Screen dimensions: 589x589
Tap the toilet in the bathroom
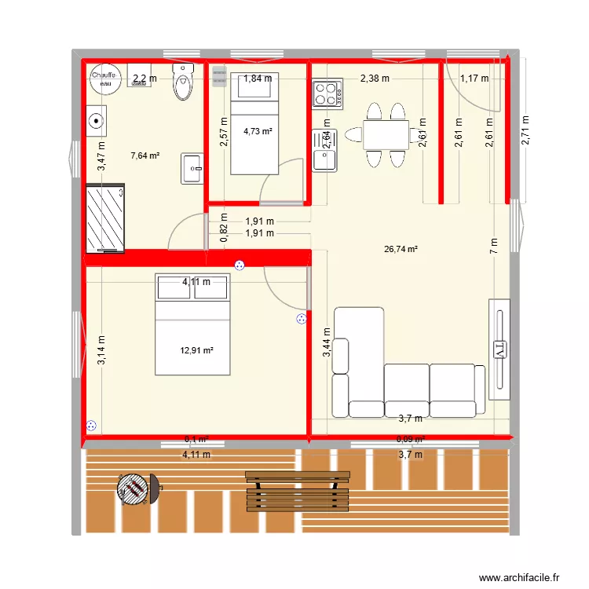click(x=184, y=83)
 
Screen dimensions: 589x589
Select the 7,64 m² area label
click(x=145, y=155)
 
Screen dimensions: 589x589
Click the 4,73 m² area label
click(x=257, y=131)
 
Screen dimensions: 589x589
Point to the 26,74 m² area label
click(x=401, y=249)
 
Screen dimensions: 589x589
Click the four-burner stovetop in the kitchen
click(x=327, y=93)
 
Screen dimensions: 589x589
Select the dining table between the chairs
click(x=385, y=134)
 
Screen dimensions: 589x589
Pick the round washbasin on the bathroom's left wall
click(x=96, y=122)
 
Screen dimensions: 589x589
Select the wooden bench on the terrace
click(x=297, y=490)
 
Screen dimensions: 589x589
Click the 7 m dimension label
click(x=494, y=247)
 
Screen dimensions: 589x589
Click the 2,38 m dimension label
click(x=374, y=78)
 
